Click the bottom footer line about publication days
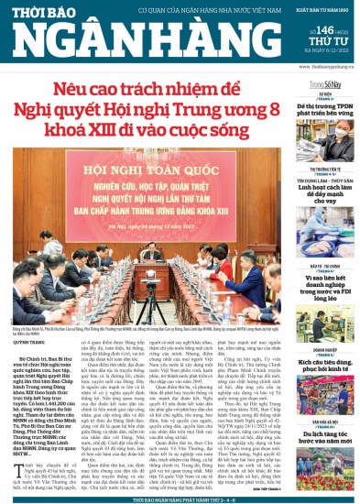click(x=180, y=498)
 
